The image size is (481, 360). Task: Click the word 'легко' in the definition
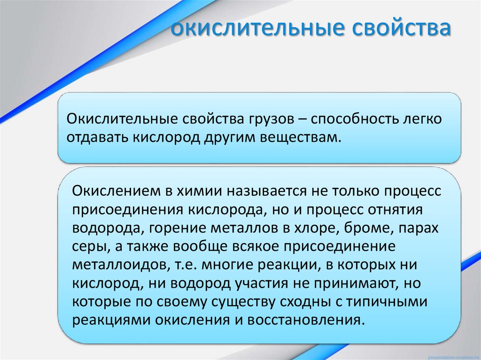click(x=421, y=119)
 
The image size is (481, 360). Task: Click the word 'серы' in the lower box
click(x=86, y=246)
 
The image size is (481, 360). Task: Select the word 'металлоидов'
click(x=118, y=265)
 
